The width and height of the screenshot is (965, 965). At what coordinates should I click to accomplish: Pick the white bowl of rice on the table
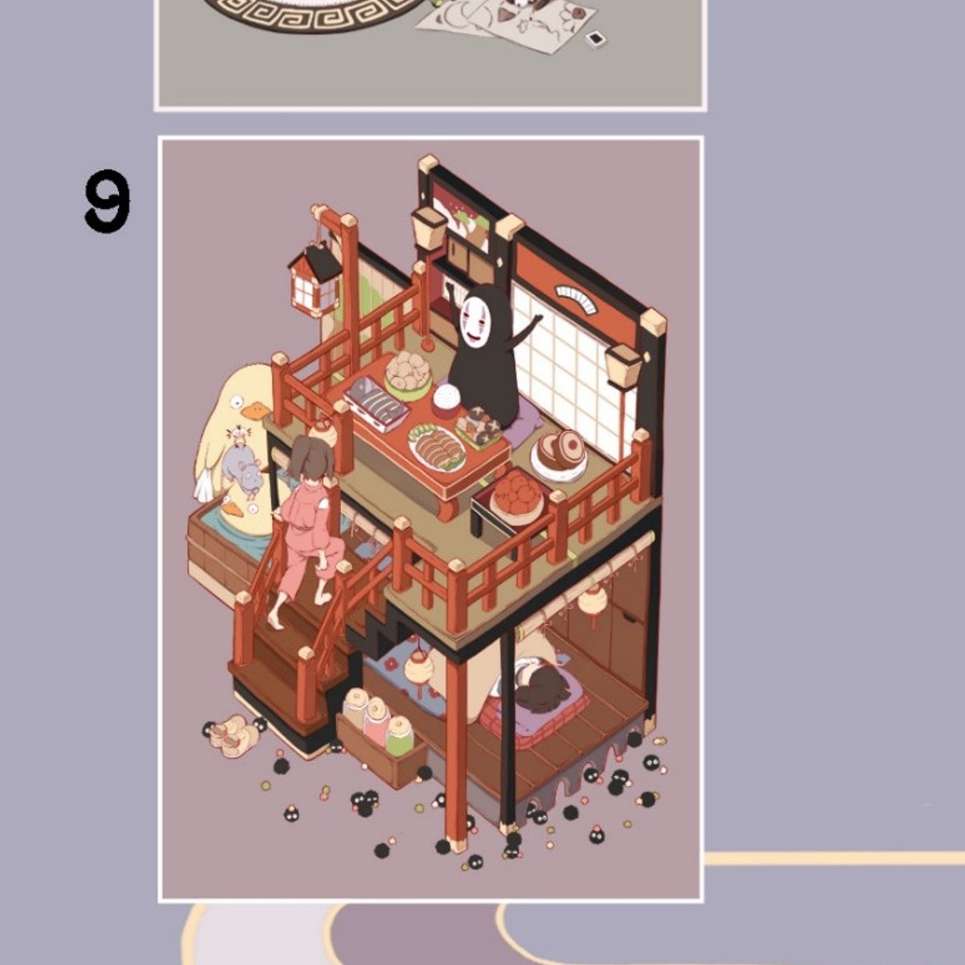445,399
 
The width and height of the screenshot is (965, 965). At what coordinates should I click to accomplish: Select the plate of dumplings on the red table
437,445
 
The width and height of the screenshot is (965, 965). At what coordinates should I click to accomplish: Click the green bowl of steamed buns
407,374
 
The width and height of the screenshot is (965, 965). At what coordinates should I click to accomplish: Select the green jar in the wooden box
399,735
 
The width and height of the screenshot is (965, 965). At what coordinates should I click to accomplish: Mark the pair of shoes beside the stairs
234,735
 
